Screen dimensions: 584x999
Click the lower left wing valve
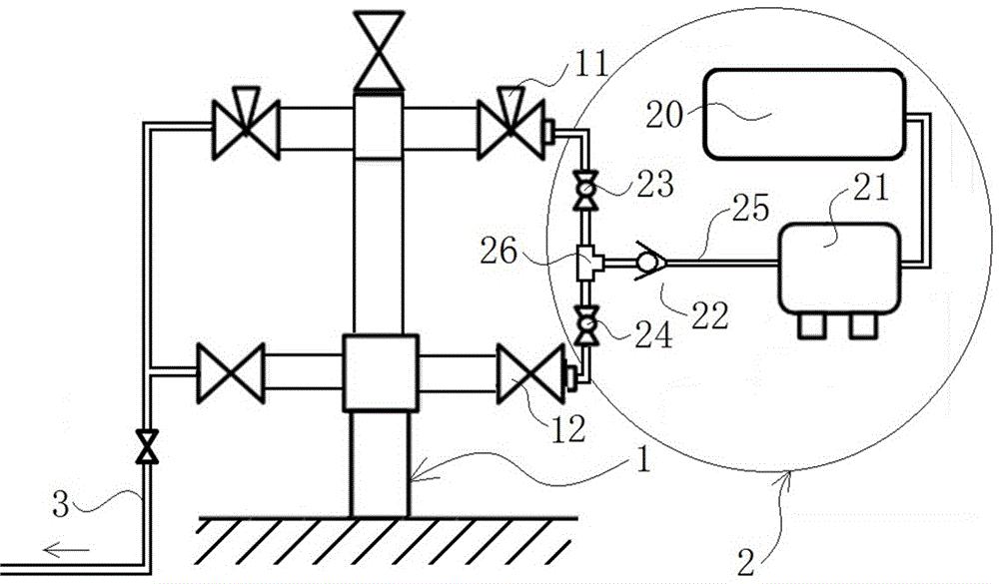pos(230,373)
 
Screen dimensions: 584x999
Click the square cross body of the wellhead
pos(380,372)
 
